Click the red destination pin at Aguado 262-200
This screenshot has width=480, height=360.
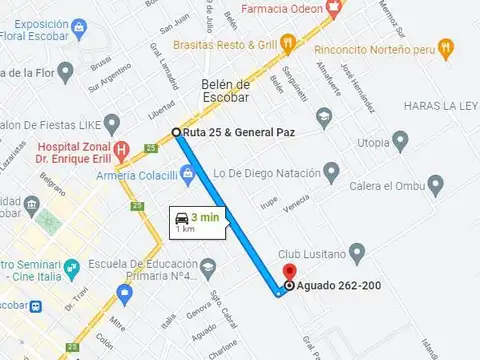[289, 272]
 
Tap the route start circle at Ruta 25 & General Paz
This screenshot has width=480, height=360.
[177, 132]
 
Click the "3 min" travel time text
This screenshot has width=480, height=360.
[205, 217]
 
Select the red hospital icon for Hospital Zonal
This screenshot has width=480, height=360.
[122, 152]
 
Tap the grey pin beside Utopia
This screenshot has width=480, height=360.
[400, 140]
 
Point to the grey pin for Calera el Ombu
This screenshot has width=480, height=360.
[435, 185]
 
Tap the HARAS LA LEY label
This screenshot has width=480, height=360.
[440, 105]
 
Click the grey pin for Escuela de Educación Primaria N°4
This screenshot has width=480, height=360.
[208, 268]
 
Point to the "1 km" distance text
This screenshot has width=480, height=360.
[186, 230]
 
